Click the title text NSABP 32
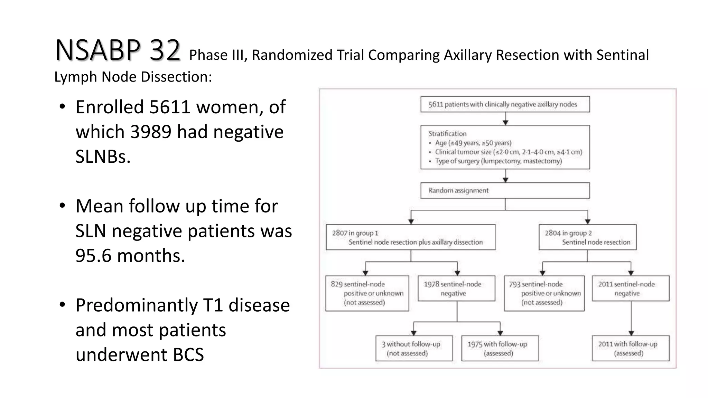click(118, 50)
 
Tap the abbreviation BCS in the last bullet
click(188, 355)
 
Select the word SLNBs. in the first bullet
click(103, 157)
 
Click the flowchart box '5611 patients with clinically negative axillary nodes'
click(505, 104)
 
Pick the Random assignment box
click(505, 190)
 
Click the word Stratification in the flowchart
click(447, 134)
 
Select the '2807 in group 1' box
click(410, 237)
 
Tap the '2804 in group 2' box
click(587, 237)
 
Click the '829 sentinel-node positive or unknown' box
click(367, 293)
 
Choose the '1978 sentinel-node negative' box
click(456, 288)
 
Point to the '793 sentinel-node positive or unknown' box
click(544, 293)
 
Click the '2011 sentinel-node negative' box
click(631, 288)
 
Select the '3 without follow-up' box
click(414, 349)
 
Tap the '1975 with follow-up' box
click(500, 349)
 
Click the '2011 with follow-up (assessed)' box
click(631, 349)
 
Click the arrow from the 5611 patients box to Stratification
click(505, 119)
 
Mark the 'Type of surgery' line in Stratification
click(498, 161)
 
